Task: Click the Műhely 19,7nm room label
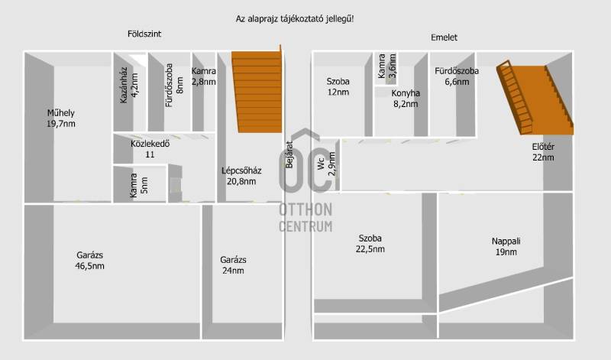61,118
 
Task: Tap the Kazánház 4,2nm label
129,85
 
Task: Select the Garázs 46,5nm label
90,261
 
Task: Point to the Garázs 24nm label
233,265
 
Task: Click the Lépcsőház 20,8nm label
241,176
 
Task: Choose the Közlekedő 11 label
150,149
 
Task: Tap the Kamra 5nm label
139,185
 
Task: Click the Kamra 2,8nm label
203,76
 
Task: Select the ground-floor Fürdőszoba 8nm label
174,85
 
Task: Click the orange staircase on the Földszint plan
257,92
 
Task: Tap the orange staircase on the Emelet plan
535,98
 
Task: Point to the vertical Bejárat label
289,154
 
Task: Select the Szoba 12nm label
338,87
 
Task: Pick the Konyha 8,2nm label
406,99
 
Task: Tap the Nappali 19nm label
506,247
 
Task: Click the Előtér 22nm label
543,152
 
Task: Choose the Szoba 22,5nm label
370,243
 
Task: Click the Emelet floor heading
444,37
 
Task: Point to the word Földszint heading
144,34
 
